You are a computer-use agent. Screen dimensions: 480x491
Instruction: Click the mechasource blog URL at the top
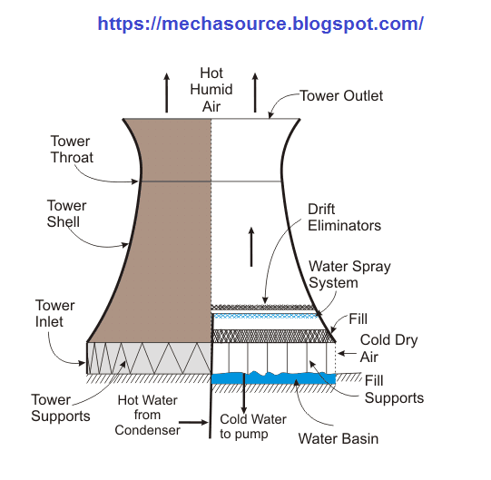pyautogui.click(x=260, y=24)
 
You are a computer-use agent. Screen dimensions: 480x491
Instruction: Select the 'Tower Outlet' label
pyautogui.click(x=341, y=96)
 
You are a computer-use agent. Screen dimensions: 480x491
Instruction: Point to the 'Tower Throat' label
pyautogui.click(x=72, y=148)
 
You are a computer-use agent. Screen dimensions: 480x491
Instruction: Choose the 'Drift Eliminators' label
pyautogui.click(x=344, y=217)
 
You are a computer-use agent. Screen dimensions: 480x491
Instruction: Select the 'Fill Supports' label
pyautogui.click(x=394, y=390)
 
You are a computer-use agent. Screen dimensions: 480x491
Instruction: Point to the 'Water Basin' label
pyautogui.click(x=338, y=438)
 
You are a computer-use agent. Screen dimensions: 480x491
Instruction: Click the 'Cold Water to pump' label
pyautogui.click(x=253, y=426)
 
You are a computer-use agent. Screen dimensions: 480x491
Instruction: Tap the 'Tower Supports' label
pyautogui.click(x=61, y=407)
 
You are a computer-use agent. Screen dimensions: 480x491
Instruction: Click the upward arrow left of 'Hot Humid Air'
pyautogui.click(x=166, y=92)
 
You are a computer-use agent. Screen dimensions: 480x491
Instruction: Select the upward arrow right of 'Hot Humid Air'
pyautogui.click(x=255, y=92)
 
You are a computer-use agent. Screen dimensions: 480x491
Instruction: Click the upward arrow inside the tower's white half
pyautogui.click(x=251, y=245)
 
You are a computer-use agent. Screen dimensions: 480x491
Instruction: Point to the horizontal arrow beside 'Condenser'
pyautogui.click(x=194, y=422)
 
